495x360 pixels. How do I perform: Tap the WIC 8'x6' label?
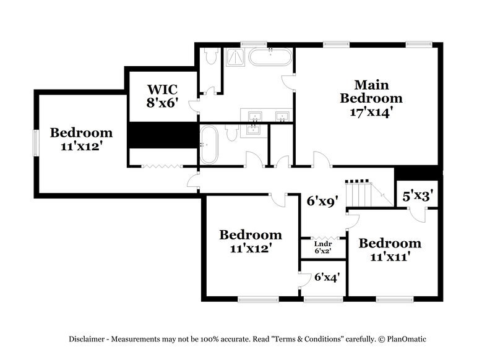point(163,95)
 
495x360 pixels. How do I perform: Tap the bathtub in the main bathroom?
point(270,58)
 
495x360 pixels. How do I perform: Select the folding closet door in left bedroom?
point(160,165)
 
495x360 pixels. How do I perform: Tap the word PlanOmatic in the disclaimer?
point(407,339)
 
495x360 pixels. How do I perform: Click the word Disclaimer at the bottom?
point(87,339)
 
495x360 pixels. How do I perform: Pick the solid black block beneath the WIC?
point(163,135)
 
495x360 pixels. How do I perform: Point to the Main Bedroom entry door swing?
point(321,159)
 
